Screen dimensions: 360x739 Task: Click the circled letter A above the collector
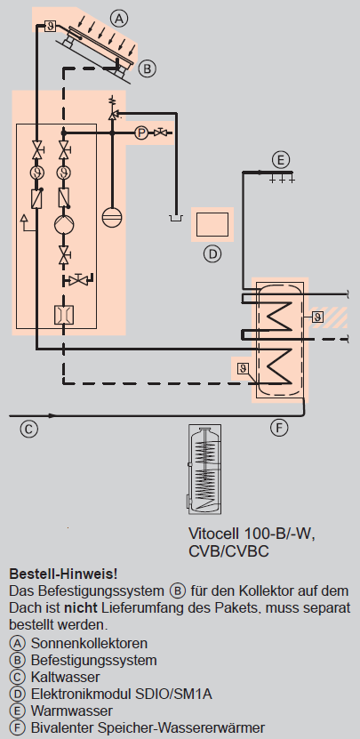(119, 19)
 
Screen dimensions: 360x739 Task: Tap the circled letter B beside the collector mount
(147, 68)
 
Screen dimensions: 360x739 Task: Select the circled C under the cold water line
(28, 429)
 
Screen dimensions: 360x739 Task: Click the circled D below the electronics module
(212, 254)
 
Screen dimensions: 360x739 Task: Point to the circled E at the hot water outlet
(281, 160)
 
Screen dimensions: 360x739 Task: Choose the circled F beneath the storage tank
(279, 428)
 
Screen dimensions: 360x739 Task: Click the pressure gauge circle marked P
(141, 133)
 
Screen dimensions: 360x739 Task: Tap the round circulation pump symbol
(63, 224)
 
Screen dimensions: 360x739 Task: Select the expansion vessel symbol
(112, 217)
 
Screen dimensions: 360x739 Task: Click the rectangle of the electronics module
(212, 224)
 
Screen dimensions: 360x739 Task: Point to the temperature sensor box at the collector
(51, 26)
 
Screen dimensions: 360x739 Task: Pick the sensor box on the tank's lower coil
(243, 368)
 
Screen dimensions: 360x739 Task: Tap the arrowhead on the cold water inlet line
(52, 415)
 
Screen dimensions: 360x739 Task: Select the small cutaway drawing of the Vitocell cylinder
(205, 470)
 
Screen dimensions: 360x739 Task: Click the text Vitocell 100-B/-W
(252, 534)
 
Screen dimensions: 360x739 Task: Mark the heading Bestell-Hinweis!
(63, 574)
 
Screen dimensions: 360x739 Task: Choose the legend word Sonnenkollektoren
(89, 643)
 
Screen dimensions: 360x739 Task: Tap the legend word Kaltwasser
(66, 677)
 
